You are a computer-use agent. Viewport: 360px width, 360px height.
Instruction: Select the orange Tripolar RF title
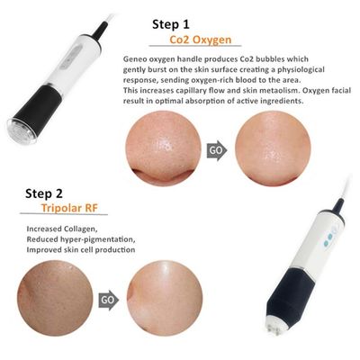pos(45,209)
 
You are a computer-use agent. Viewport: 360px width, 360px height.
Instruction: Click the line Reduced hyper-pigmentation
pos(61,238)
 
